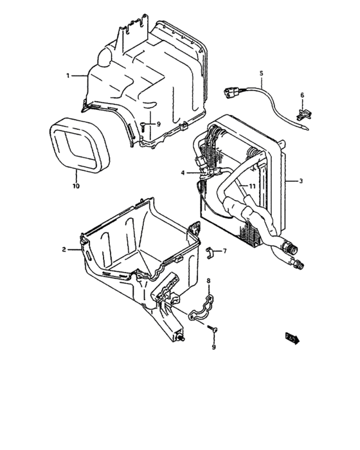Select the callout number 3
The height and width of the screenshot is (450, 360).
pyautogui.click(x=300, y=181)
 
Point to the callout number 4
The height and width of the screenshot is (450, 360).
pyautogui.click(x=183, y=172)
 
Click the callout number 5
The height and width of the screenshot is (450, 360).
pyautogui.click(x=262, y=73)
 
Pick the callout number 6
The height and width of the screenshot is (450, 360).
pyautogui.click(x=302, y=96)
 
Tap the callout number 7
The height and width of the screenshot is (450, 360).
pyautogui.click(x=224, y=251)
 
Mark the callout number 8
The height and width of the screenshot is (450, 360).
pyautogui.click(x=209, y=281)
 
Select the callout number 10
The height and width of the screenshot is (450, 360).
pyautogui.click(x=76, y=186)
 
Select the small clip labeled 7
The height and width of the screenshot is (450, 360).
pyautogui.click(x=210, y=250)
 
